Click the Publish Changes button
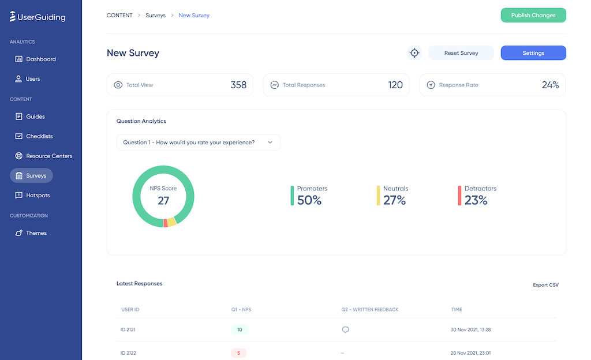pyautogui.click(x=533, y=16)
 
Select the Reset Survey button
pyautogui.click(x=461, y=53)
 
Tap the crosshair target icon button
pyautogui.click(x=414, y=53)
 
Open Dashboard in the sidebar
pyautogui.click(x=40, y=59)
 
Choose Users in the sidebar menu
pyautogui.click(x=33, y=79)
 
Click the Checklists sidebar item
pyautogui.click(x=39, y=137)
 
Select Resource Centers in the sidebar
pyautogui.click(x=48, y=156)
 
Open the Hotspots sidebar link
pyautogui.click(x=38, y=196)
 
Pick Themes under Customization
pyautogui.click(x=36, y=233)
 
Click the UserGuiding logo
pyautogui.click(x=38, y=17)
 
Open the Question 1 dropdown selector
pyautogui.click(x=198, y=142)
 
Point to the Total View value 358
pyautogui.click(x=238, y=85)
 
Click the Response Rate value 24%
pyautogui.click(x=550, y=85)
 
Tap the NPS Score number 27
pyautogui.click(x=163, y=200)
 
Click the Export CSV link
pyautogui.click(x=545, y=285)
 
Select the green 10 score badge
pyautogui.click(x=240, y=330)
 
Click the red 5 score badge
pyautogui.click(x=238, y=352)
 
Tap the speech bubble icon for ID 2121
pyautogui.click(x=346, y=330)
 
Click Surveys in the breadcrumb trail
pyautogui.click(x=155, y=16)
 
